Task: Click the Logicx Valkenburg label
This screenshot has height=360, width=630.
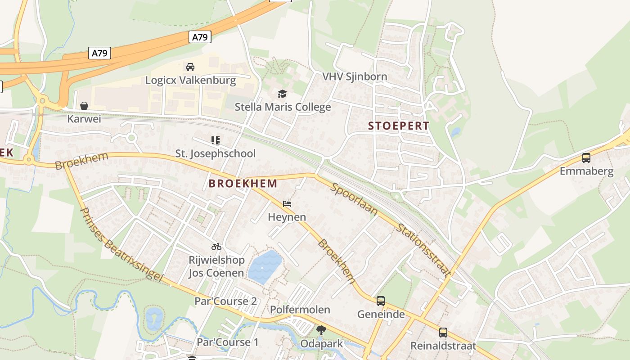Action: pyautogui.click(x=190, y=81)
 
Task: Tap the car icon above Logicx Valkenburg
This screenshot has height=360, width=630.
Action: pyautogui.click(x=190, y=67)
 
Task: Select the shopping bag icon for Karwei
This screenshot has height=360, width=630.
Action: pyautogui.click(x=84, y=106)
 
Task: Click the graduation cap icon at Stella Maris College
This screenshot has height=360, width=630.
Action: pyautogui.click(x=282, y=94)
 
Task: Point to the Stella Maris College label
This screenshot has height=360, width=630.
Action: pyautogui.click(x=283, y=107)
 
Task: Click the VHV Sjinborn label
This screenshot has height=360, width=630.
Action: pyautogui.click(x=355, y=76)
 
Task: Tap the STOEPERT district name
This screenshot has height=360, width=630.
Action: pyautogui.click(x=399, y=126)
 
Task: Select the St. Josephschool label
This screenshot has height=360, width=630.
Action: pyautogui.click(x=215, y=153)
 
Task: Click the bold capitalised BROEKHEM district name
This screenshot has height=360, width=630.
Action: pyautogui.click(x=243, y=184)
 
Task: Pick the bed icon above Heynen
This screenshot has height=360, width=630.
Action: pyautogui.click(x=287, y=204)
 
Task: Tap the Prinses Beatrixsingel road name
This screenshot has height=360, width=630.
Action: pyautogui.click(x=121, y=244)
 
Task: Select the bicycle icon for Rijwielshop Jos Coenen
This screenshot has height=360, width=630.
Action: pyautogui.click(x=216, y=247)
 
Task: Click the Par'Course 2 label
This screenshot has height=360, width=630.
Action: pyautogui.click(x=225, y=301)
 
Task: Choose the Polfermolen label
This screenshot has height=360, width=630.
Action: pyautogui.click(x=300, y=310)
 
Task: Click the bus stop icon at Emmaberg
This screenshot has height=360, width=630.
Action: pyautogui.click(x=586, y=158)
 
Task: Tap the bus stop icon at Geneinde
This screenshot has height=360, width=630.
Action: pyautogui.click(x=381, y=301)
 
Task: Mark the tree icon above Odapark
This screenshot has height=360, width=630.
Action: pyautogui.click(x=321, y=331)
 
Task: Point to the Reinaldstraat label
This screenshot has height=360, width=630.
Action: pyautogui.click(x=443, y=346)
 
